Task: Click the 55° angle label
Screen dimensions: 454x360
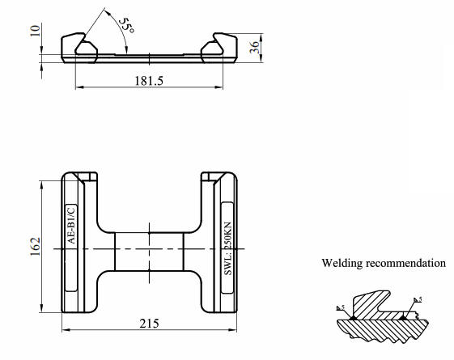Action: pyautogui.click(x=127, y=25)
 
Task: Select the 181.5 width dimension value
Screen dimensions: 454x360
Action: pyautogui.click(x=149, y=80)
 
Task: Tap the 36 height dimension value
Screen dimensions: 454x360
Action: pyautogui.click(x=254, y=47)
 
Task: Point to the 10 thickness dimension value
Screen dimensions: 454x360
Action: pyautogui.click(x=35, y=31)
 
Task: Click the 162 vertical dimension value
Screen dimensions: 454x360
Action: pyautogui.click(x=35, y=247)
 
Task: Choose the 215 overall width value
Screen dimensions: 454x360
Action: pyautogui.click(x=149, y=324)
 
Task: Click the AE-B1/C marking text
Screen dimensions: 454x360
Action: pyautogui.click(x=71, y=226)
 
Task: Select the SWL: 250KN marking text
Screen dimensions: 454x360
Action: pyautogui.click(x=228, y=248)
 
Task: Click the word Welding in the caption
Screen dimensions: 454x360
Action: pyautogui.click(x=342, y=264)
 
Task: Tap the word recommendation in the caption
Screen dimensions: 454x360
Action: pyautogui.click(x=405, y=263)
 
